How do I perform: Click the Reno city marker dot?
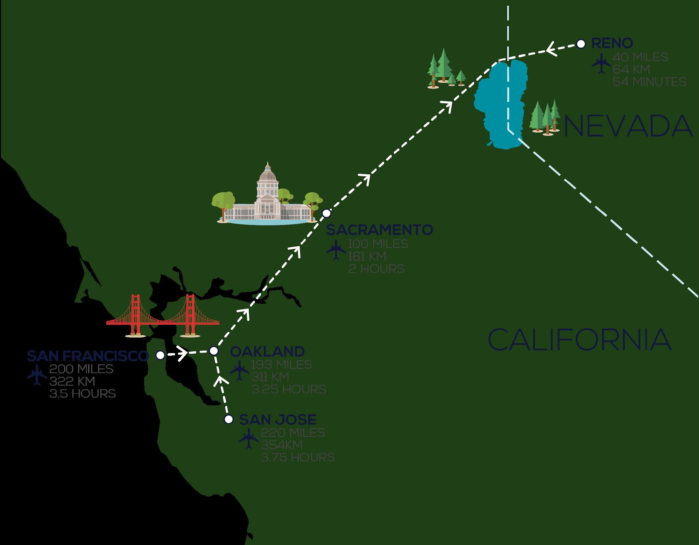point(581,44)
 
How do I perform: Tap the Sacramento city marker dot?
point(326,213)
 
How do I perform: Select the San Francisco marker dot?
point(160,355)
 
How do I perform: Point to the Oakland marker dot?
point(214,351)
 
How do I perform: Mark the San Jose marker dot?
point(228,419)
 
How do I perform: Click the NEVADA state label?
point(627,127)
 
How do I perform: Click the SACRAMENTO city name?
point(379,230)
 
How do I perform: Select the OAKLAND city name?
point(267,352)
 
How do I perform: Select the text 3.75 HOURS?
point(298,457)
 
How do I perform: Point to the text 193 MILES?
point(281,364)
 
